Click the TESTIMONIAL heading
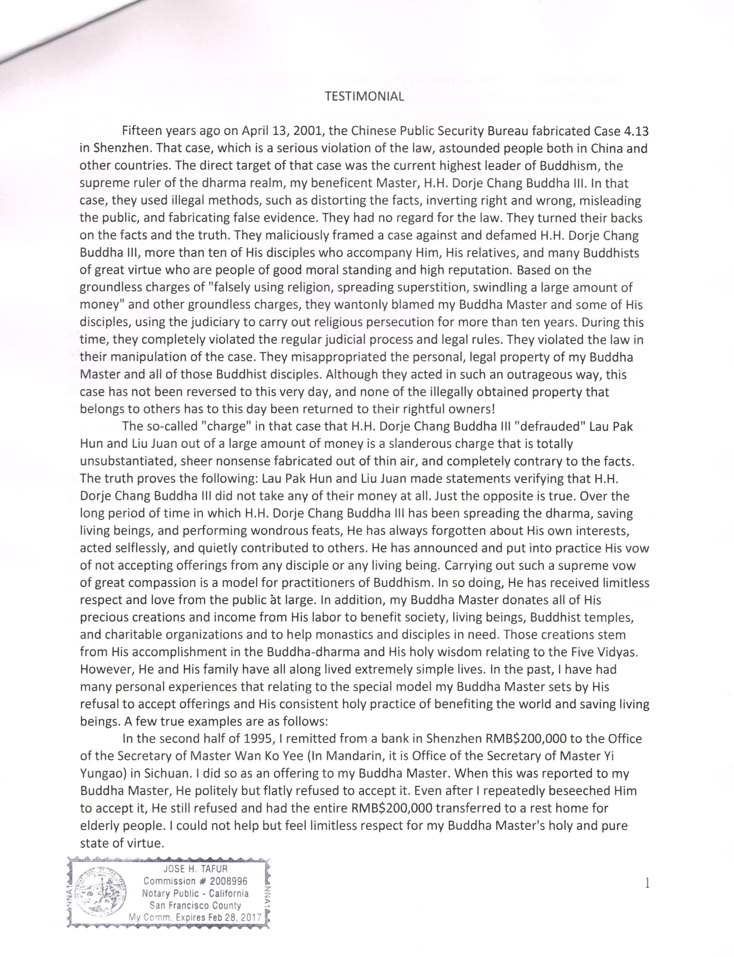coord(364,96)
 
